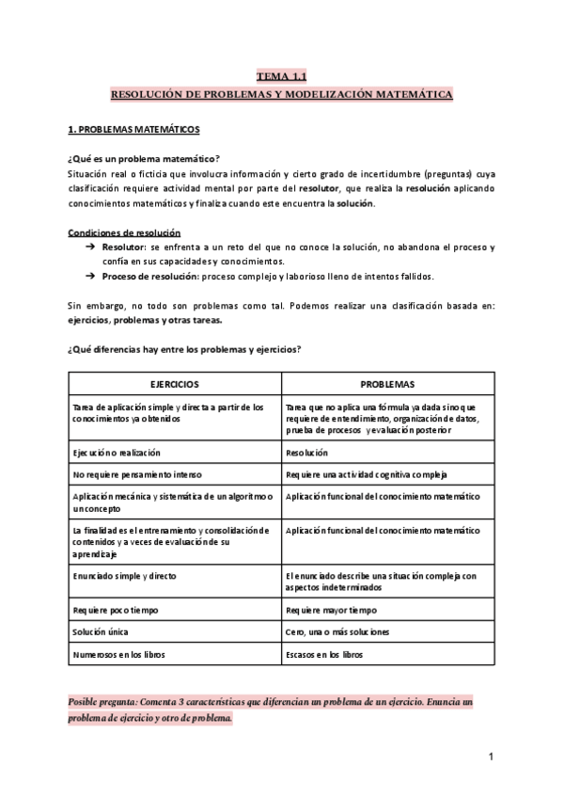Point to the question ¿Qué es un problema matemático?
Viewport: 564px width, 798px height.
[144, 158]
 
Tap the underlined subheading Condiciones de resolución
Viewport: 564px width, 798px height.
[125, 231]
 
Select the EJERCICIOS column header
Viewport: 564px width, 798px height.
[174, 385]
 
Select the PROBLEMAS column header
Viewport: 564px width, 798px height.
[387, 385]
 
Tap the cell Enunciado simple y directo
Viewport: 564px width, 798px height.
[124, 574]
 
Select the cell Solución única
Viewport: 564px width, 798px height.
[100, 631]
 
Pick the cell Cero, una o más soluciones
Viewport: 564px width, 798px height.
[336, 631]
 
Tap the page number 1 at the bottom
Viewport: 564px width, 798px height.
[492, 757]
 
